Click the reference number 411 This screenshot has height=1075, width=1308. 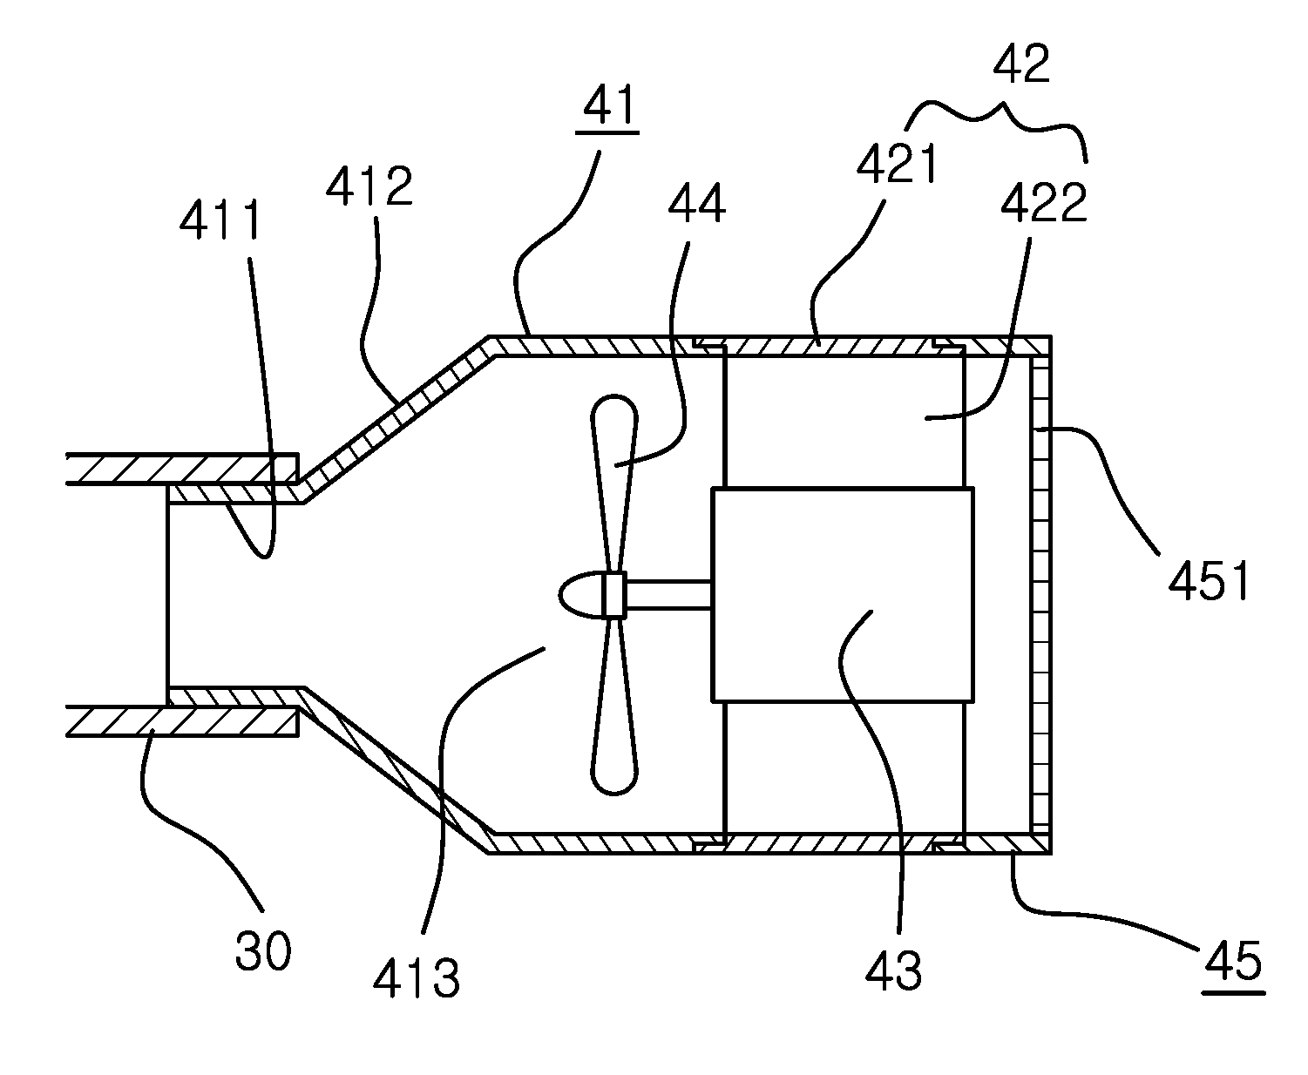(220, 220)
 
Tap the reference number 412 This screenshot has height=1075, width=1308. (369, 186)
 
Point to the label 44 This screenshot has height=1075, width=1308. (696, 203)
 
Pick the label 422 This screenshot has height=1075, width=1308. (1044, 201)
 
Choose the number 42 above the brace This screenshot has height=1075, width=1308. (1021, 64)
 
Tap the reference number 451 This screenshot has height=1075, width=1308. (1209, 580)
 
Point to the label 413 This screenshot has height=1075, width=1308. (417, 978)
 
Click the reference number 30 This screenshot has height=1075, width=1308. (263, 950)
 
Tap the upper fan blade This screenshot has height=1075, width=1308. (614, 483)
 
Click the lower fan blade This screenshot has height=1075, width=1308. (614, 707)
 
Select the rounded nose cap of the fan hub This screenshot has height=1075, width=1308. (581, 594)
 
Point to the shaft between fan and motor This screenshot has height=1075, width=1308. (668, 595)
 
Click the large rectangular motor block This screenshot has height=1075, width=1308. (843, 595)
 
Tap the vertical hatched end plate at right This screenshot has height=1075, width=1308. (1040, 595)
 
